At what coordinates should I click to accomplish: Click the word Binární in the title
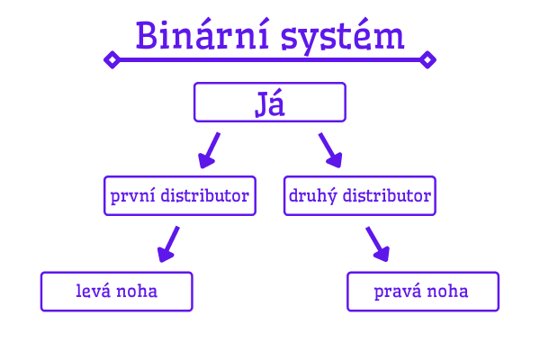(x=202, y=35)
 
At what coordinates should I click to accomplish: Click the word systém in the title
(x=342, y=37)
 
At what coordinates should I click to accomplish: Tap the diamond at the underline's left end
(x=112, y=60)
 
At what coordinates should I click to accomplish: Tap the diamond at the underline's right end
(x=427, y=60)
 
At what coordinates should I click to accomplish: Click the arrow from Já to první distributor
(x=209, y=150)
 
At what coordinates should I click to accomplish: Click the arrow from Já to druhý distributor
(x=330, y=150)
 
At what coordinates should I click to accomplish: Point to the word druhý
(x=312, y=196)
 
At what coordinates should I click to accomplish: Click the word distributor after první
(x=205, y=195)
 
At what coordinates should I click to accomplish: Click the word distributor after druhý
(x=387, y=195)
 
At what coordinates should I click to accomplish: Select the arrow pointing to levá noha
(x=168, y=244)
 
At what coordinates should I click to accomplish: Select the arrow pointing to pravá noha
(x=378, y=244)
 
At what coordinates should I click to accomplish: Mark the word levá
(x=94, y=291)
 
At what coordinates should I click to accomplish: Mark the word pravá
(x=398, y=292)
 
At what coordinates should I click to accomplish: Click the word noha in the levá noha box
(x=137, y=291)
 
